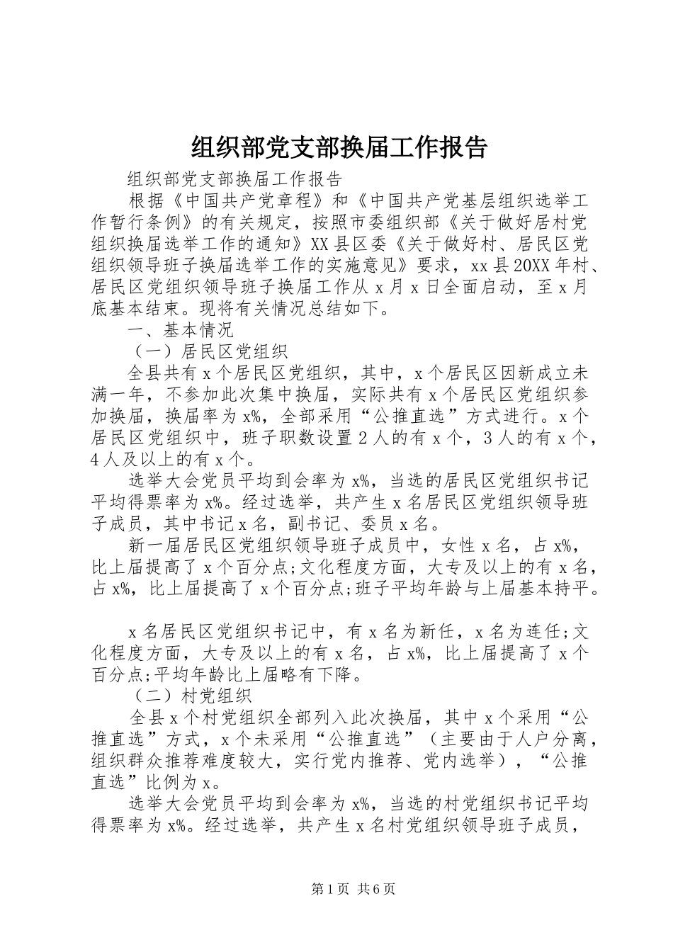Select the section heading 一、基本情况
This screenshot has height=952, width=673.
[x=180, y=330]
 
